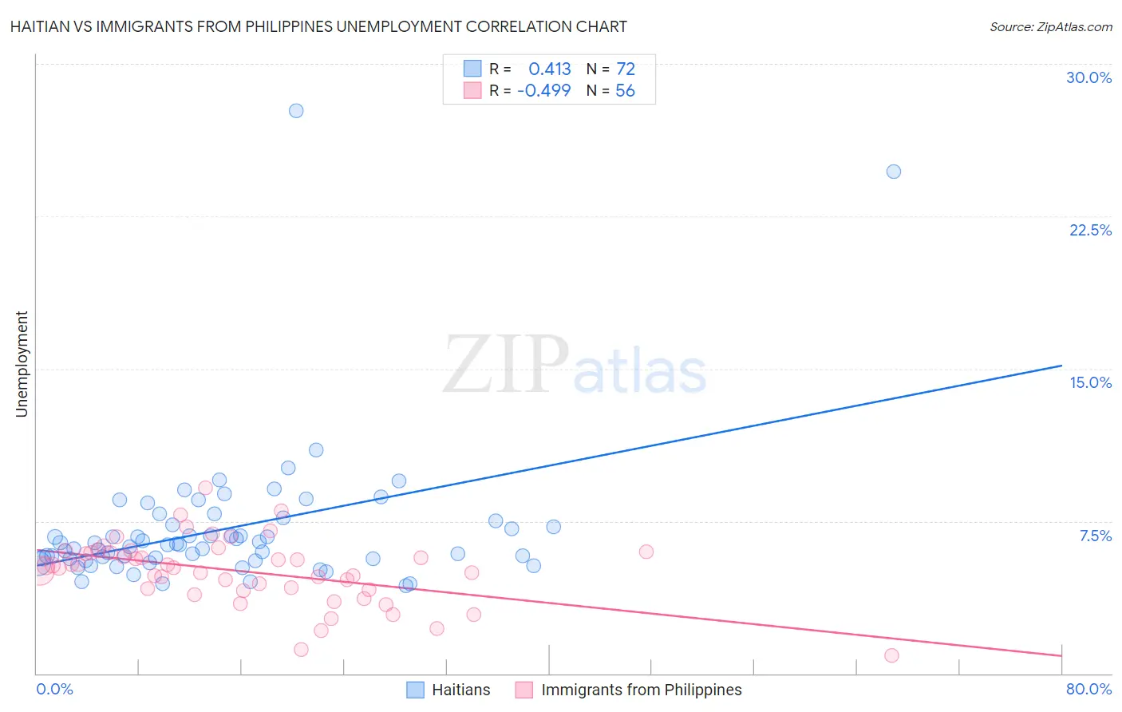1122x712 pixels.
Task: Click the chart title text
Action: [318, 26]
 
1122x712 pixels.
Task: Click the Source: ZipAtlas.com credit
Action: [1050, 26]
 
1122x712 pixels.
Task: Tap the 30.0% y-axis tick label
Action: [1088, 77]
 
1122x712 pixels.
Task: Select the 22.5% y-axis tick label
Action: [1090, 230]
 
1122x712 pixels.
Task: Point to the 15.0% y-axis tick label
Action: [1090, 382]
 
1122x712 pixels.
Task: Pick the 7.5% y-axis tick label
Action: [1095, 536]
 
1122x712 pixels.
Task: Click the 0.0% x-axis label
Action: [54, 689]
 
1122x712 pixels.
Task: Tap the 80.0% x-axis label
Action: [1088, 689]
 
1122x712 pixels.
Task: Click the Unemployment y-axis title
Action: [22, 364]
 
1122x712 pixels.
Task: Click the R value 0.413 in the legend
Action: [550, 69]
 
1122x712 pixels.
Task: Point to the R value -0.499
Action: [544, 91]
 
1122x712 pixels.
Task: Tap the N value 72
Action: [626, 69]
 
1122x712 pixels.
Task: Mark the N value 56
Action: [625, 91]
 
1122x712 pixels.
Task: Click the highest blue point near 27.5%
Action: [296, 111]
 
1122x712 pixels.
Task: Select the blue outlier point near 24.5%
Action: [894, 172]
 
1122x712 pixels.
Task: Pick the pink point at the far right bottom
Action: [891, 655]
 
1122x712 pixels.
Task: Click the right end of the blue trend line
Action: [1061, 366]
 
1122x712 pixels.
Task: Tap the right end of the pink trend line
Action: [1061, 655]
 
